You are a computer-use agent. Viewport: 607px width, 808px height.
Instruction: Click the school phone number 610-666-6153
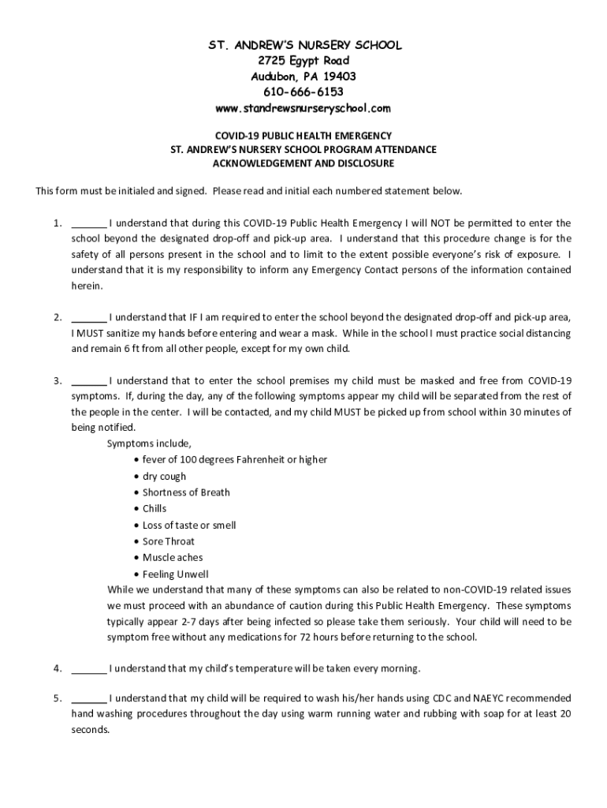(x=303, y=92)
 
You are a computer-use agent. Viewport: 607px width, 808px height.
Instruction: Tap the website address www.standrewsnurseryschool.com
(x=303, y=107)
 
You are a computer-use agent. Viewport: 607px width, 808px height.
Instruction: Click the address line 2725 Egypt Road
(x=303, y=61)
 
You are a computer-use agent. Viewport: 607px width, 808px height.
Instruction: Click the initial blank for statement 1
(x=89, y=224)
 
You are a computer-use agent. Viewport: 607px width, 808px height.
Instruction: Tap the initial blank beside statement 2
(x=89, y=318)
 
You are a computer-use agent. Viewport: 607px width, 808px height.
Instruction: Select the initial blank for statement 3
(x=89, y=381)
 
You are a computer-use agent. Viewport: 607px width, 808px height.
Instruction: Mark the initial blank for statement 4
(x=89, y=669)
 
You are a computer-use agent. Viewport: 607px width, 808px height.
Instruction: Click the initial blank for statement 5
(x=89, y=699)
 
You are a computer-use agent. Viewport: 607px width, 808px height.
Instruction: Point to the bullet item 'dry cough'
(x=164, y=477)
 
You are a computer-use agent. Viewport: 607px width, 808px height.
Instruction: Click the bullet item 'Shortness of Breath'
(x=186, y=492)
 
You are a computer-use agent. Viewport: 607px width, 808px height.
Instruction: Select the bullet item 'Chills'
(x=155, y=509)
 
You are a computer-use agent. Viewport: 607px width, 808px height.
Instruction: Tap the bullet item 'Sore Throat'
(x=168, y=541)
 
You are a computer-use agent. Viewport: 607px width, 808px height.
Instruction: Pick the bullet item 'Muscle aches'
(x=172, y=558)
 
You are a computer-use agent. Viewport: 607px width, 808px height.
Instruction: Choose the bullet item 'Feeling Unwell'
(x=175, y=574)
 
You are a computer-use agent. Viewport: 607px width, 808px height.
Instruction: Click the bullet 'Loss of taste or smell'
(x=189, y=526)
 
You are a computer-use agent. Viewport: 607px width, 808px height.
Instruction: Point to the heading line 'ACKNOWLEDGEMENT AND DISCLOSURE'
(x=303, y=163)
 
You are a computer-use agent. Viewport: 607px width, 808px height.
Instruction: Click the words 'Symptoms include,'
(x=149, y=443)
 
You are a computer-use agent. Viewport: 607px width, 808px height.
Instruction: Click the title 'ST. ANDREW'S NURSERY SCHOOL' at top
(x=303, y=45)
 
